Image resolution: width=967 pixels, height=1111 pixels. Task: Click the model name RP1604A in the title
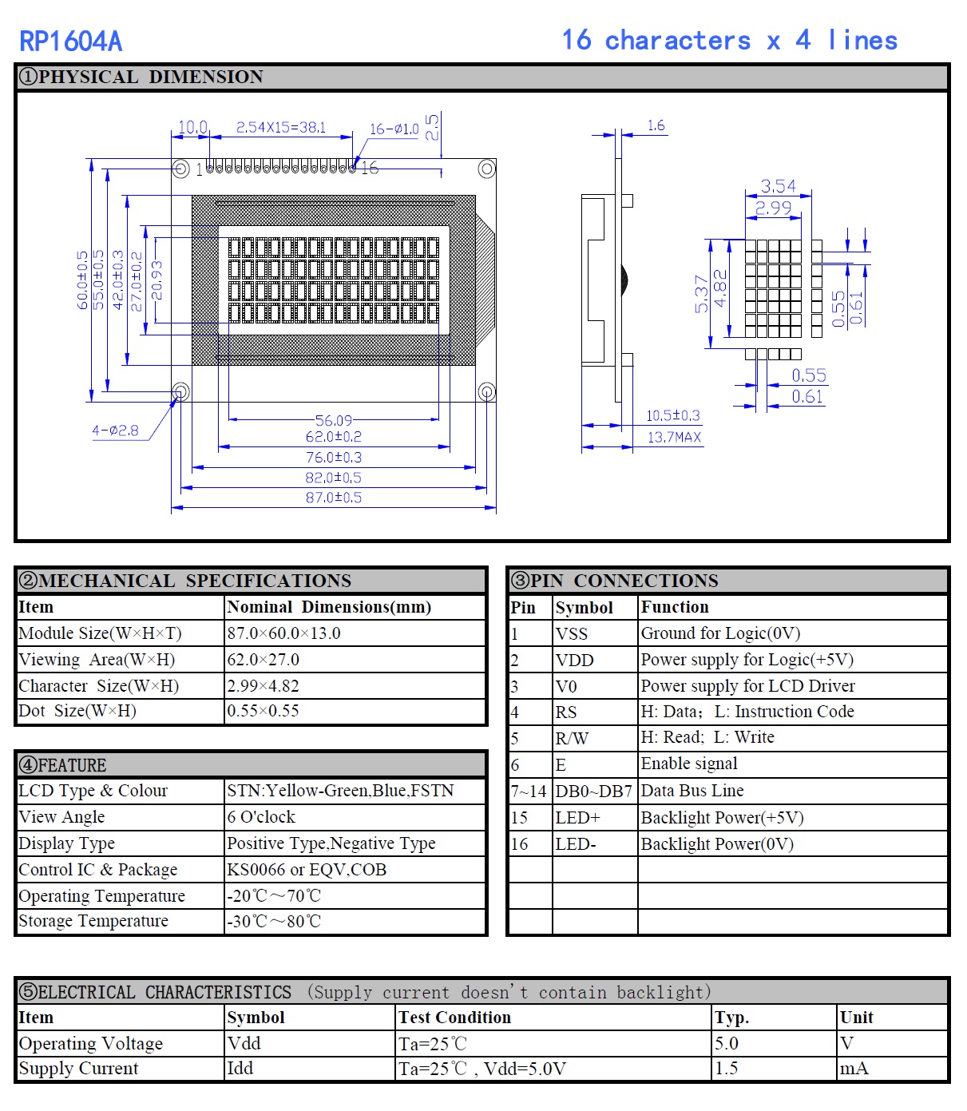[x=70, y=41]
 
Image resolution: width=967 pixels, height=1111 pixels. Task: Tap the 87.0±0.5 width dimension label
[x=333, y=498]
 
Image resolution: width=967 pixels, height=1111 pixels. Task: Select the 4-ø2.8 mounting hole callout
[x=115, y=431]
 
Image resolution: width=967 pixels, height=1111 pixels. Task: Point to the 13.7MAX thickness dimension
[x=674, y=437]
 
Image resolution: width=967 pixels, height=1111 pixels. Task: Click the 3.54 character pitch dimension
[x=778, y=186]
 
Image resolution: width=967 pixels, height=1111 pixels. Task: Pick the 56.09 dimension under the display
[x=333, y=420]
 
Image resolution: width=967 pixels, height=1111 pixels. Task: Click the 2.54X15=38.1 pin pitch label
[x=280, y=127]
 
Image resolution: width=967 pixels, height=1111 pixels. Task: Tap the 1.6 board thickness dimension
[x=656, y=125]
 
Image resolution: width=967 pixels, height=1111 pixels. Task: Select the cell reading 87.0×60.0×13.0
[x=283, y=633]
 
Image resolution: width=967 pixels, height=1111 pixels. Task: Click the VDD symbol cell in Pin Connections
[x=574, y=660]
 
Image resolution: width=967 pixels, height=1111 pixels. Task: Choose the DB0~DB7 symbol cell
[x=593, y=791]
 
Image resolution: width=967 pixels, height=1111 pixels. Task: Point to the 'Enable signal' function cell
[x=688, y=764]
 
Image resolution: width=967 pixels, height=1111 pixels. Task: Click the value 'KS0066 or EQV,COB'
[x=307, y=870]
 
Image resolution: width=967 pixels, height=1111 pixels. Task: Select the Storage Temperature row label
[x=93, y=921]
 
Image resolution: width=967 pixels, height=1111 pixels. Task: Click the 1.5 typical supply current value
[x=726, y=1069]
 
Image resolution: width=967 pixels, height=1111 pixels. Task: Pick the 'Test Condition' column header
[x=454, y=1018]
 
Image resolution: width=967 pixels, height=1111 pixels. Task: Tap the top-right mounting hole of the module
[x=486, y=169]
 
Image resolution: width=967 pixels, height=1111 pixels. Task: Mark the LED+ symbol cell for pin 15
[x=577, y=817]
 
